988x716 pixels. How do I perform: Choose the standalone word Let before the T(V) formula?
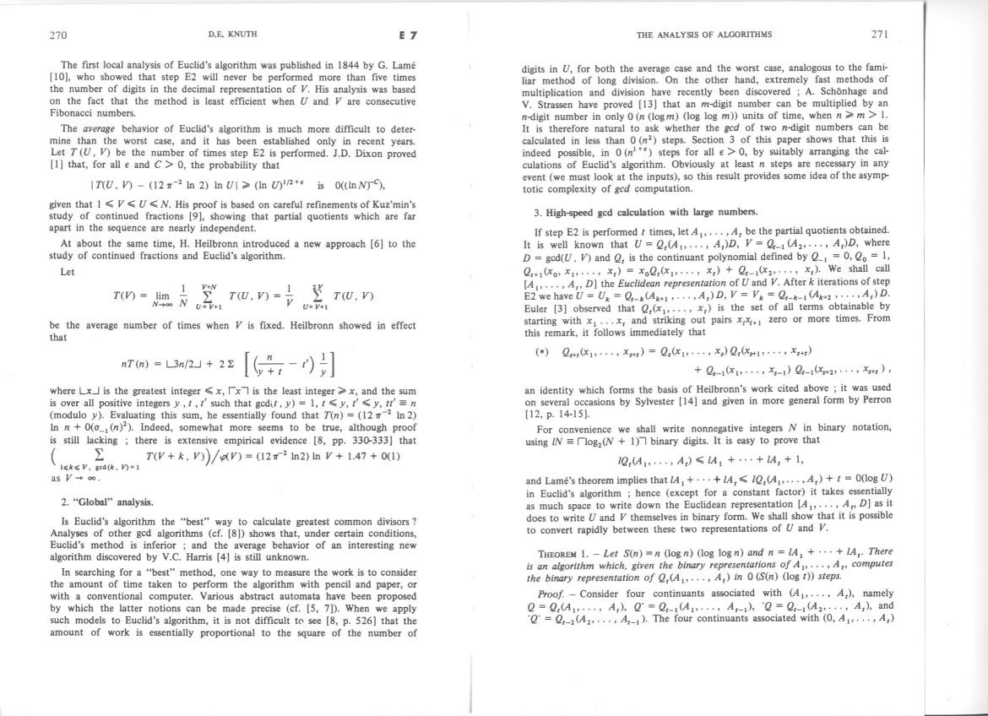(x=68, y=272)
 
